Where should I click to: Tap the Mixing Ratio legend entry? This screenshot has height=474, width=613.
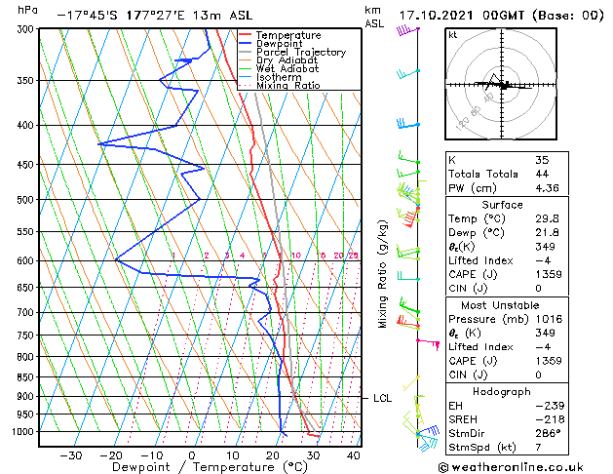click(x=287, y=86)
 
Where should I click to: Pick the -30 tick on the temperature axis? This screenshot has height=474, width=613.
click(x=70, y=455)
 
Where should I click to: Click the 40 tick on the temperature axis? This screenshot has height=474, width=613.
click(x=354, y=455)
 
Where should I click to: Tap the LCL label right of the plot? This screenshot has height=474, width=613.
click(x=382, y=398)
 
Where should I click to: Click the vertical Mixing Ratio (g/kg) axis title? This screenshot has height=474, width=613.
click(x=384, y=273)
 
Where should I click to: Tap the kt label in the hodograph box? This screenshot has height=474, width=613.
click(x=454, y=35)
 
